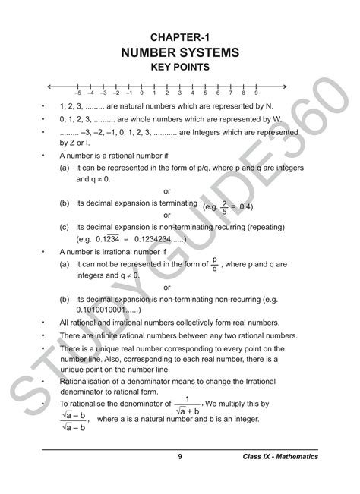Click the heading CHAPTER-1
pyautogui.click(x=180, y=36)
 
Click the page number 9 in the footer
pyautogui.click(x=180, y=456)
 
